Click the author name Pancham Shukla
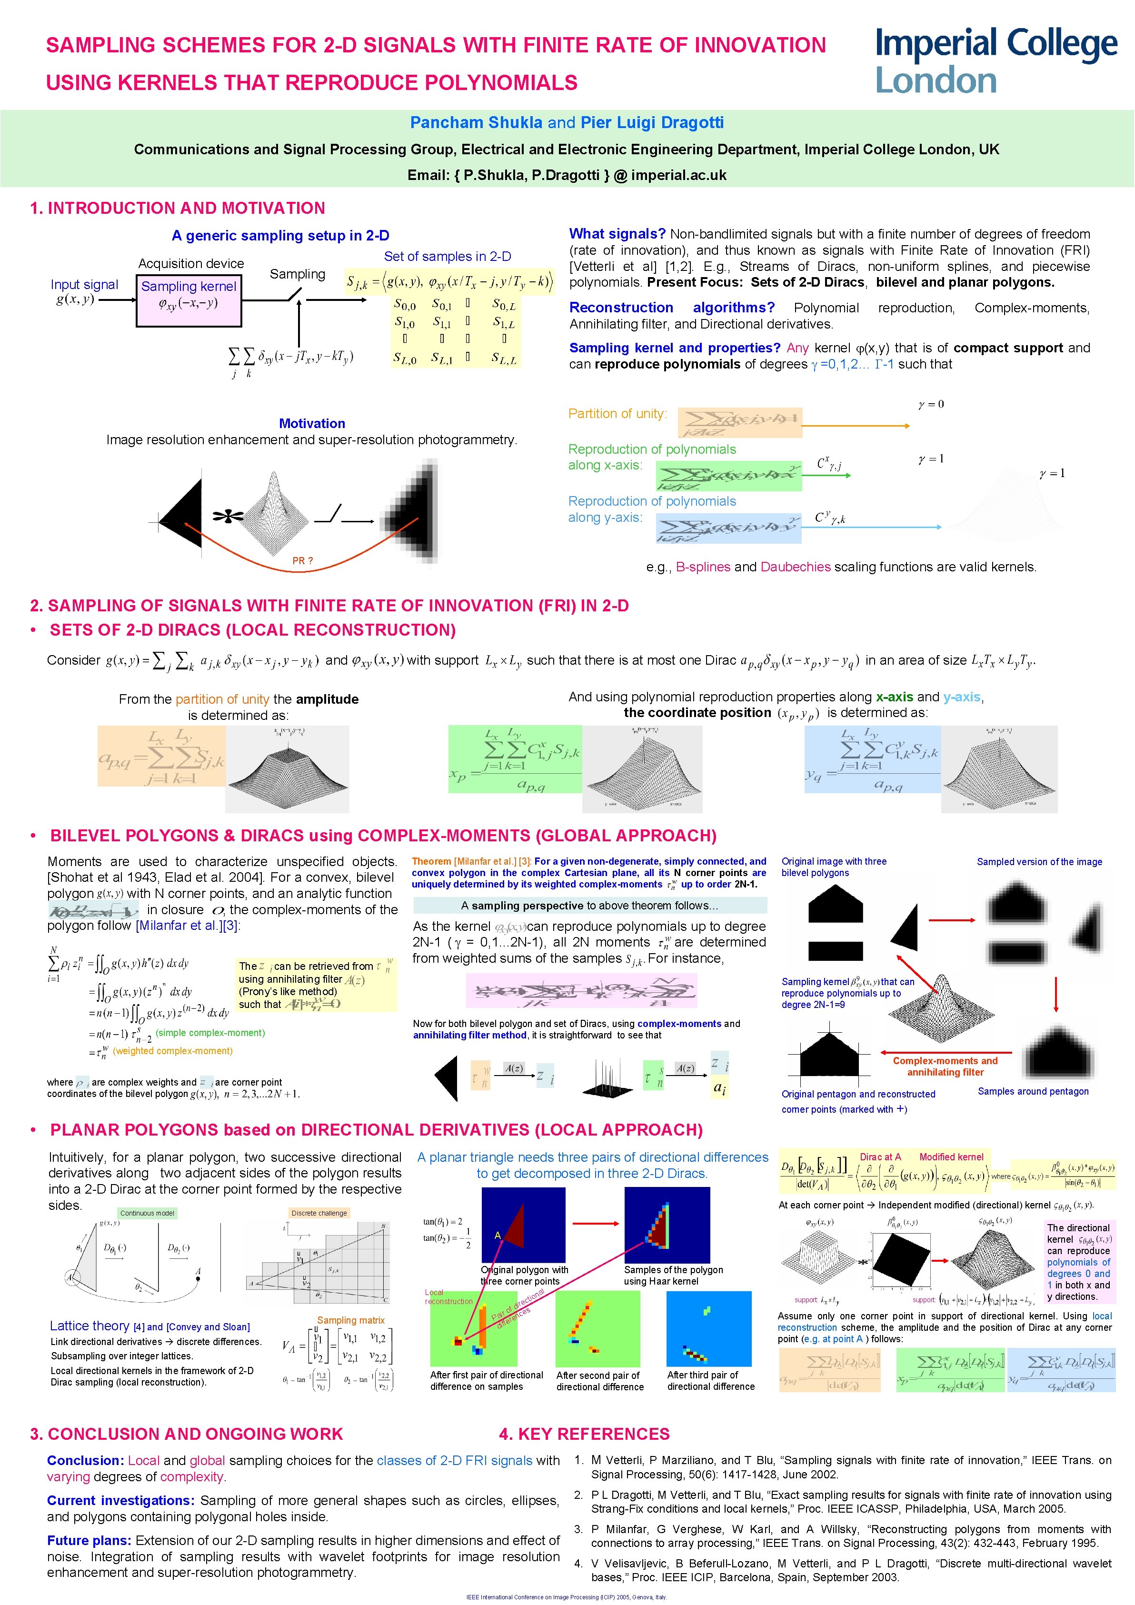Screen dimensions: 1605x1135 [x=476, y=122]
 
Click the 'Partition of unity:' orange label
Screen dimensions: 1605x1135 [x=617, y=413]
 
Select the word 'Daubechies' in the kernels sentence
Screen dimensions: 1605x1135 [x=796, y=567]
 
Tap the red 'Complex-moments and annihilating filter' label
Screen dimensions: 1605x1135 [x=945, y=1066]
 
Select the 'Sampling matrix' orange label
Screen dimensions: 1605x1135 [x=351, y=1320]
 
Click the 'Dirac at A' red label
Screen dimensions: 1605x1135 [x=880, y=1157]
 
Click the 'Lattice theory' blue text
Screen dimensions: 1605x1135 [x=90, y=1326]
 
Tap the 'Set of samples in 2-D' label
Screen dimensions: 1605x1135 [x=448, y=257]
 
